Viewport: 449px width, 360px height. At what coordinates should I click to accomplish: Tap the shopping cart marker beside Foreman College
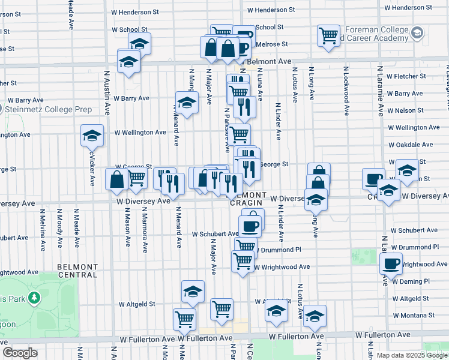[x=328, y=37]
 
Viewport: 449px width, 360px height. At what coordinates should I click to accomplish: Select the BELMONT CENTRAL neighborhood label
[x=77, y=270]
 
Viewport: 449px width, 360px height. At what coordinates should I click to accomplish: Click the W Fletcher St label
[x=406, y=76]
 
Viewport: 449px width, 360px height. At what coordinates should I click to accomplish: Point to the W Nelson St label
[x=405, y=110]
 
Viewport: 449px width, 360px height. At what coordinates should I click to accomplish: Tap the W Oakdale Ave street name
[x=411, y=145]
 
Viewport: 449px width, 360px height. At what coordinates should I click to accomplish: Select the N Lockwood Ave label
[x=347, y=91]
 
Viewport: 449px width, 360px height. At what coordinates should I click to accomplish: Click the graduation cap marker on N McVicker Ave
[x=92, y=136]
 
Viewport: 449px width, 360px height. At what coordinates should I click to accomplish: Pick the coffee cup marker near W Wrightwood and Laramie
[x=391, y=263]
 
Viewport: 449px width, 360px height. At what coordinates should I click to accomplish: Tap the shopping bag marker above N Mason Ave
[x=116, y=179]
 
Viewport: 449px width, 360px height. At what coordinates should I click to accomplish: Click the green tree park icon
[x=35, y=298]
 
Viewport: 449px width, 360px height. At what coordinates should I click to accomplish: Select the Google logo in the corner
[x=20, y=353]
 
